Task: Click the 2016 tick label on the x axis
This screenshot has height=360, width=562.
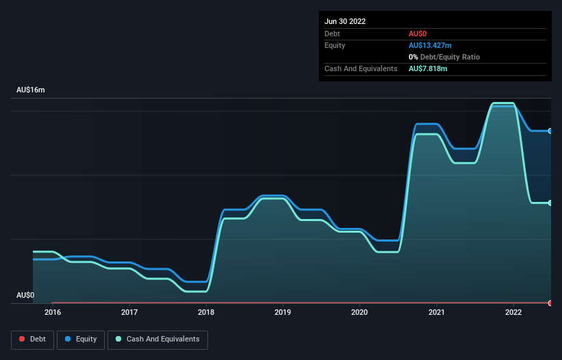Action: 52,312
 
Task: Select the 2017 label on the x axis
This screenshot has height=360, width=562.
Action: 129,312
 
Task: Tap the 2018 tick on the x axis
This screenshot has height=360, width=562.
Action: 206,312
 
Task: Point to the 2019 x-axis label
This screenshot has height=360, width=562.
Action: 283,312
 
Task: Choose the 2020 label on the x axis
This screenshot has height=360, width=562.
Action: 359,312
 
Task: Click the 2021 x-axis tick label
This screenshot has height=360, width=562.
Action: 437,312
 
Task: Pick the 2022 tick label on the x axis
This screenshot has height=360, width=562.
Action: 513,312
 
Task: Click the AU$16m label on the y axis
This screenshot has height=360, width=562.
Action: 30,90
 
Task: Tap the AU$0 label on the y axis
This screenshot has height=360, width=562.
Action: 25,295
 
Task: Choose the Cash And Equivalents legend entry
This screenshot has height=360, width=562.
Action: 157,339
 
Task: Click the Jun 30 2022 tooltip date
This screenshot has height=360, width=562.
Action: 345,21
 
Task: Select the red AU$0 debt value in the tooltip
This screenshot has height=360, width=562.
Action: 418,34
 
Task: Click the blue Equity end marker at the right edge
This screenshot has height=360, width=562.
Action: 550,131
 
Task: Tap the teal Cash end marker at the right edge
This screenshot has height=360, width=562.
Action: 550,203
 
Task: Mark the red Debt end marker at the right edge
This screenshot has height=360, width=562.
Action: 550,303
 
